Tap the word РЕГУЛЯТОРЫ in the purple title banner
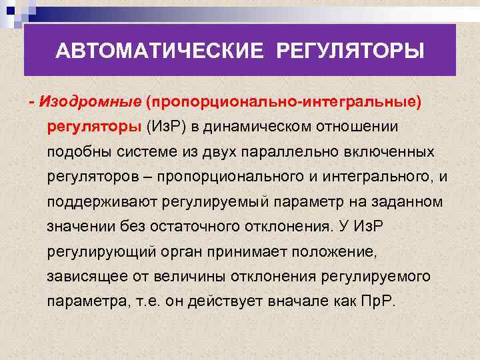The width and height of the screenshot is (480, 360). (x=349, y=51)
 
